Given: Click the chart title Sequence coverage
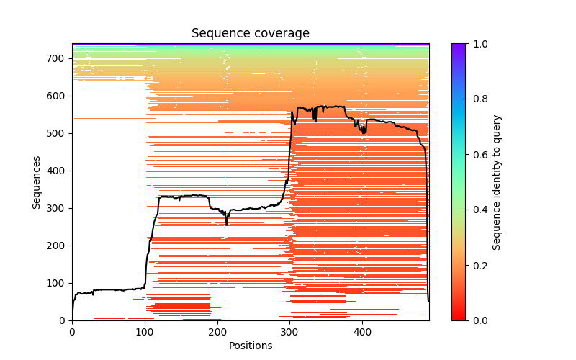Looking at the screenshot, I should click(250, 34).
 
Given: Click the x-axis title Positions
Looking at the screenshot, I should click(250, 346).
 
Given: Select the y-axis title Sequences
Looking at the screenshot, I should click(36, 181).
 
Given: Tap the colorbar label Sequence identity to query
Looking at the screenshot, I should click(497, 181).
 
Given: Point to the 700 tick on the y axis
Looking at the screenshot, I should click(58, 58).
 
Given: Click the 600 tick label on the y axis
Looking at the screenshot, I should click(58, 96).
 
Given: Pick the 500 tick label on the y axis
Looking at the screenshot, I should click(58, 133).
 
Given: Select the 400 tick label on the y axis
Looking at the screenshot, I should click(58, 171).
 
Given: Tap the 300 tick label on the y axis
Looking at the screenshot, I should click(58, 208).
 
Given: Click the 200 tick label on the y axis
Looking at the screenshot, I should click(58, 246).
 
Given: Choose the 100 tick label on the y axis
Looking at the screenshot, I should click(58, 283).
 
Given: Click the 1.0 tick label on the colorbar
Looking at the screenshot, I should click(477, 44).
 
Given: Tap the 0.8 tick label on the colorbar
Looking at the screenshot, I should click(477, 99).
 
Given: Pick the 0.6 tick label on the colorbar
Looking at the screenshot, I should click(477, 155).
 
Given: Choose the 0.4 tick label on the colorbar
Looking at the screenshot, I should click(477, 210).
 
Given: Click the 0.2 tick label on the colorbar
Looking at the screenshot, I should click(477, 265).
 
